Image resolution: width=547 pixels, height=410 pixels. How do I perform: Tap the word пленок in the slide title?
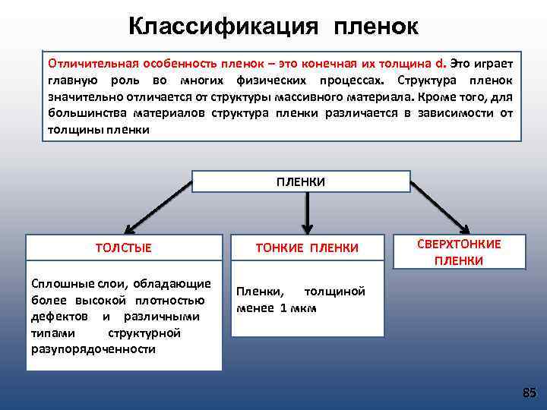[x=375, y=26]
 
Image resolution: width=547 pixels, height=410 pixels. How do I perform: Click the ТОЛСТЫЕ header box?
[x=123, y=248]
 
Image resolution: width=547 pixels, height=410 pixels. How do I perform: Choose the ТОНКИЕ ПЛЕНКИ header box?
[x=307, y=248]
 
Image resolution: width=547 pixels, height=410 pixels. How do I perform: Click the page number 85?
[x=530, y=392]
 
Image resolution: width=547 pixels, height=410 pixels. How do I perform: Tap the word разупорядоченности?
[x=93, y=349]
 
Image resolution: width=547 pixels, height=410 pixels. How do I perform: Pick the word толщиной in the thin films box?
[x=334, y=292]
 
